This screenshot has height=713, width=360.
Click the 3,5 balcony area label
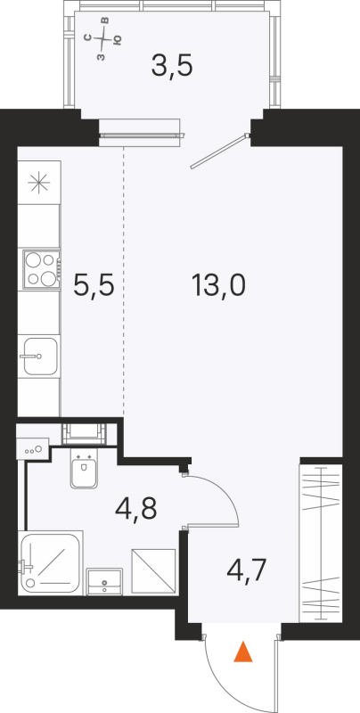coord(173,65)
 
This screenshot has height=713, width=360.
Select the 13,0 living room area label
coord(217,287)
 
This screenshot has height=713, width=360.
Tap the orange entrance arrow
coord(242,654)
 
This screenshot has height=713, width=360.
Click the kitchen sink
coord(40,357)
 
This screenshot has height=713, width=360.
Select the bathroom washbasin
coord(107,582)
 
